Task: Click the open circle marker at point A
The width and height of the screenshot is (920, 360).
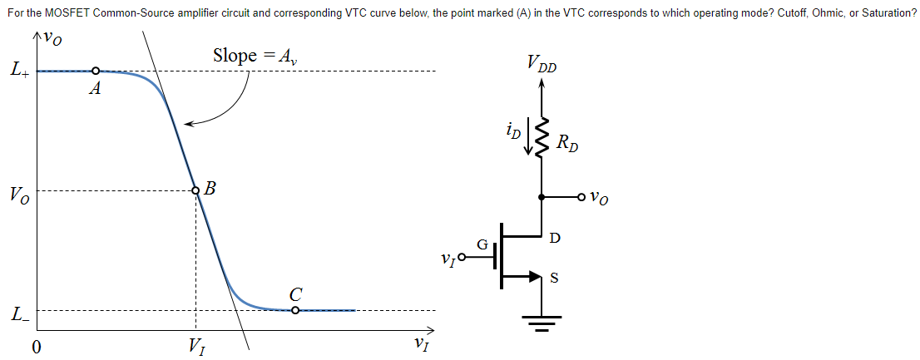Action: (96, 72)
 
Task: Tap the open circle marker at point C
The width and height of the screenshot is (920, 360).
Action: (295, 310)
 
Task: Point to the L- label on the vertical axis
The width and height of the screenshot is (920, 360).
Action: (20, 314)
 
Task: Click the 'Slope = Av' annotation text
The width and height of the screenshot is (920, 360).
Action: (257, 56)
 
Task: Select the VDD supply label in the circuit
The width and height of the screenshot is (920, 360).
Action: (542, 63)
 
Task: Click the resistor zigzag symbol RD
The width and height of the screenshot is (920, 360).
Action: (543, 137)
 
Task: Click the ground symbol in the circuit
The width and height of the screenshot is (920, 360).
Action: (542, 321)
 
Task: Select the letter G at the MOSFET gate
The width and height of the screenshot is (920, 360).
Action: (482, 244)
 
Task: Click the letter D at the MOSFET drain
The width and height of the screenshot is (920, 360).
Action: (555, 239)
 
